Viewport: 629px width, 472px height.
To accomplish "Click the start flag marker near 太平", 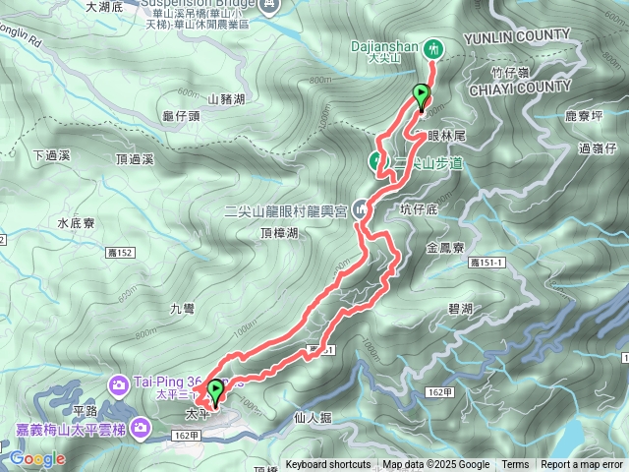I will coord(213,392).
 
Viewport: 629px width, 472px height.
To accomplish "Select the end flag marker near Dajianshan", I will coord(422,96).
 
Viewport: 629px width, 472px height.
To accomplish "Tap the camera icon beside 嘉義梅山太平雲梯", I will coord(141,427).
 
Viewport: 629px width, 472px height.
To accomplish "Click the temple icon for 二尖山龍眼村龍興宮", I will coord(361,209).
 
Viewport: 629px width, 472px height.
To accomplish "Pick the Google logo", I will coord(37,458).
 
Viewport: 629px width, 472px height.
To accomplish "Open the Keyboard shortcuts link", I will coord(328,465).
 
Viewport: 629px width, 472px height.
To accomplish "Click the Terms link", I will coord(515,465).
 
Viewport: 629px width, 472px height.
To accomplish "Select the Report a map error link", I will coord(582,465).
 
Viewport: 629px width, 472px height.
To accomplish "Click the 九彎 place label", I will coord(182,308).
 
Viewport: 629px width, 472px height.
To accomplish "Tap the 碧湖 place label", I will coord(460,309).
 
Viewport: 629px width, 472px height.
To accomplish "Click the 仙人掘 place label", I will coord(313,417).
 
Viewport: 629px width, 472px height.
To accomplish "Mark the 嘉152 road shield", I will coord(119,254).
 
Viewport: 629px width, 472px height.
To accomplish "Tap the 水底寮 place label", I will coord(76,223).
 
